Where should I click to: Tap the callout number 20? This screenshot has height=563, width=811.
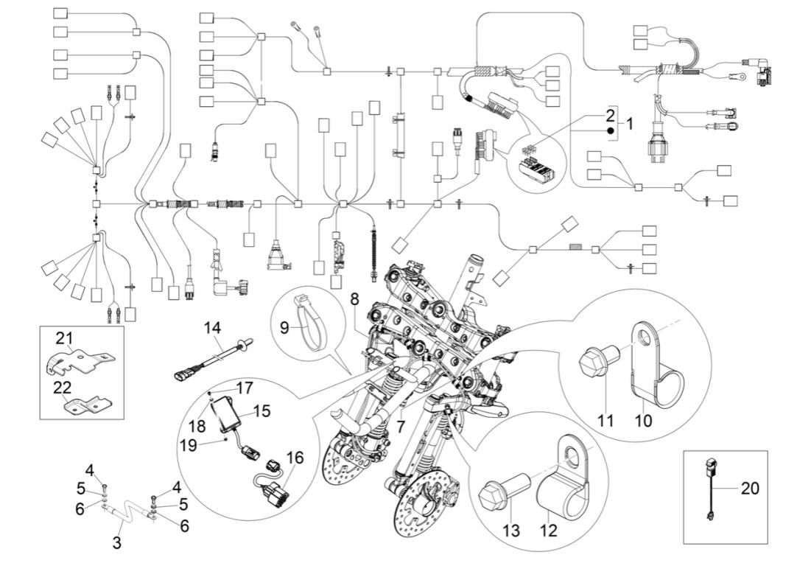tap(750, 488)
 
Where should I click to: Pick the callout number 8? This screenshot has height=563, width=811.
tap(354, 300)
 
